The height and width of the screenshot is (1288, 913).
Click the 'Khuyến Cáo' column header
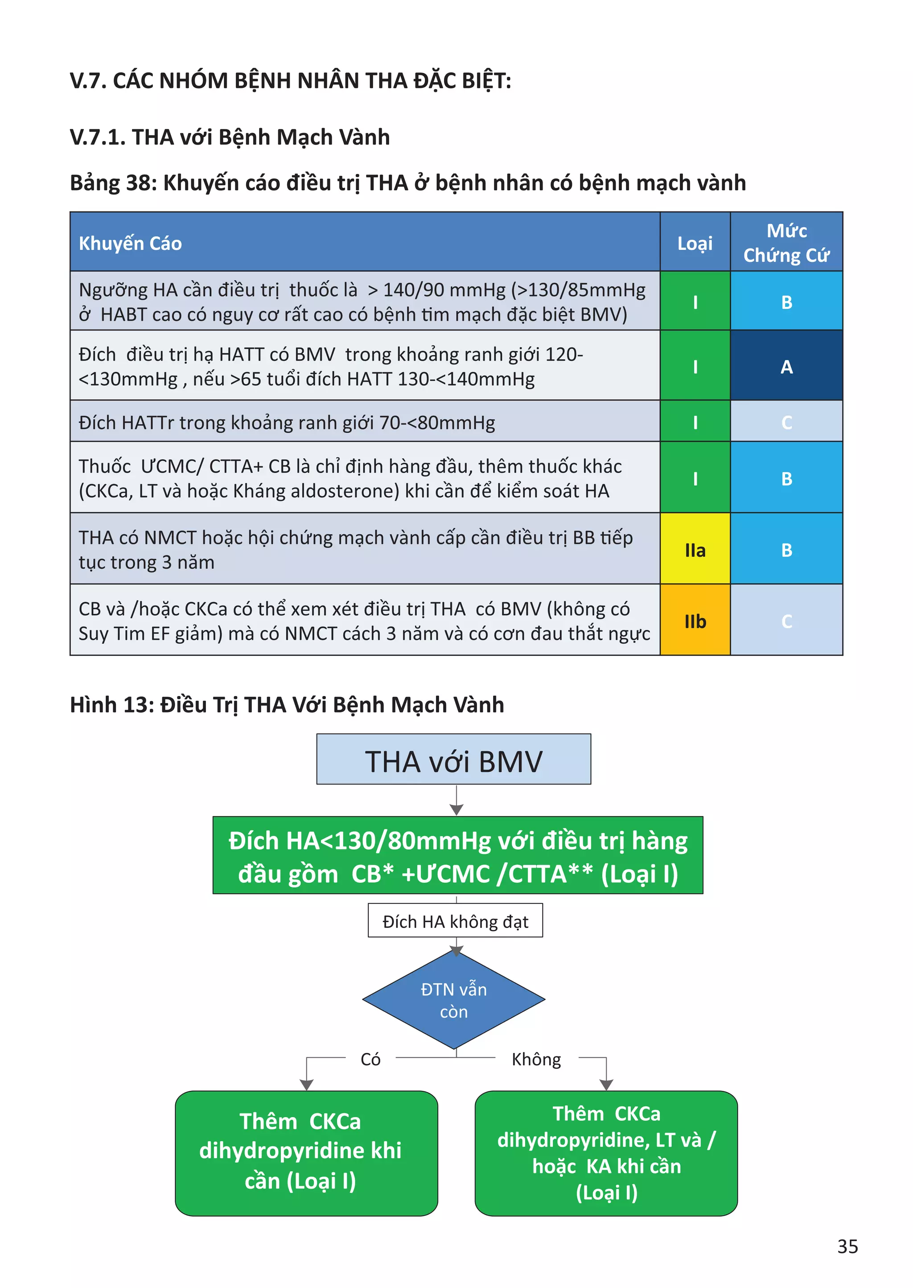tap(131, 243)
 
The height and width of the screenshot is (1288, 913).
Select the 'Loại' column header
tap(695, 243)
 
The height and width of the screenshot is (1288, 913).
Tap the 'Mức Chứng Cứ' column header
tap(786, 243)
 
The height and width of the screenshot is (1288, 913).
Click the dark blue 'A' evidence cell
tap(786, 367)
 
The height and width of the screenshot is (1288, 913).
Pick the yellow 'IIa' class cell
tap(695, 550)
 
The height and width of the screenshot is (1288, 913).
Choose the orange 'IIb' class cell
tap(695, 621)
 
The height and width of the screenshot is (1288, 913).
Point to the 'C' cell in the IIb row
tap(786, 621)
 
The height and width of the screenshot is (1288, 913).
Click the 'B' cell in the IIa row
tap(786, 550)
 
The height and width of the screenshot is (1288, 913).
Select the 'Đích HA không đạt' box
tap(455, 921)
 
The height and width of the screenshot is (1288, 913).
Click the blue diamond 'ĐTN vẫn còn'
tap(454, 1000)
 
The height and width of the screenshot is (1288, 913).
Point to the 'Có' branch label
tap(370, 1059)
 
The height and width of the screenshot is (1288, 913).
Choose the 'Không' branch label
tap(536, 1059)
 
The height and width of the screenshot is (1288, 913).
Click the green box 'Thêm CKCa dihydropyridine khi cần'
tap(306, 1153)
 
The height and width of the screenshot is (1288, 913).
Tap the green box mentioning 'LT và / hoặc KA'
tap(606, 1153)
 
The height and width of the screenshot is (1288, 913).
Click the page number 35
tap(847, 1247)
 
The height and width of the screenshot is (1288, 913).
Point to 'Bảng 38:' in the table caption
tap(112, 183)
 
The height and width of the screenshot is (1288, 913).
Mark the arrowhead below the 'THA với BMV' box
tap(456, 809)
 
